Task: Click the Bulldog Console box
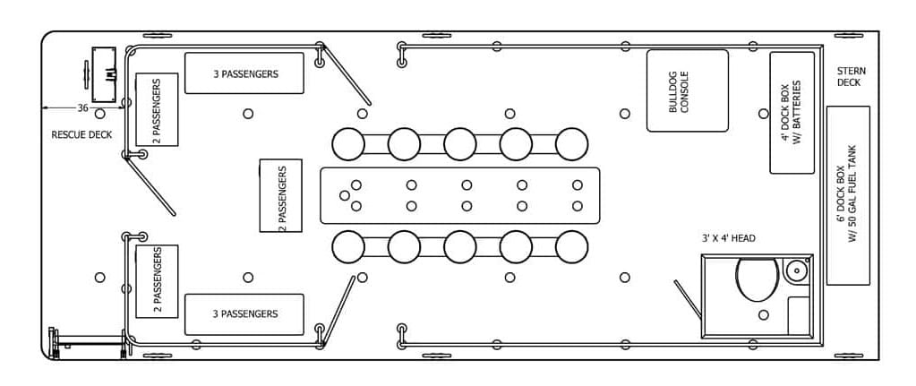click(687, 90)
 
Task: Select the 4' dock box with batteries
click(792, 113)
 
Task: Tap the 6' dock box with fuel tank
click(848, 195)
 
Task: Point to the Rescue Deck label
click(81, 135)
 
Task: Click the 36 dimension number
click(82, 108)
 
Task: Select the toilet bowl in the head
click(757, 279)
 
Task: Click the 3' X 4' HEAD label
click(728, 238)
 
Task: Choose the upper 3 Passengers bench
click(244, 73)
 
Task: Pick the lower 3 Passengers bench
click(244, 314)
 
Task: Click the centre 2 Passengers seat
click(280, 195)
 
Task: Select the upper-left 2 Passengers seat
click(157, 109)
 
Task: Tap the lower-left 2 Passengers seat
click(157, 280)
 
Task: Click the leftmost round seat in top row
click(348, 143)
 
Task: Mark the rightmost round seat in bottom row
click(571, 246)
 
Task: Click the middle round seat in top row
click(459, 143)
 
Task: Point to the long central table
click(459, 195)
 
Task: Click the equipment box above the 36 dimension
click(103, 74)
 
